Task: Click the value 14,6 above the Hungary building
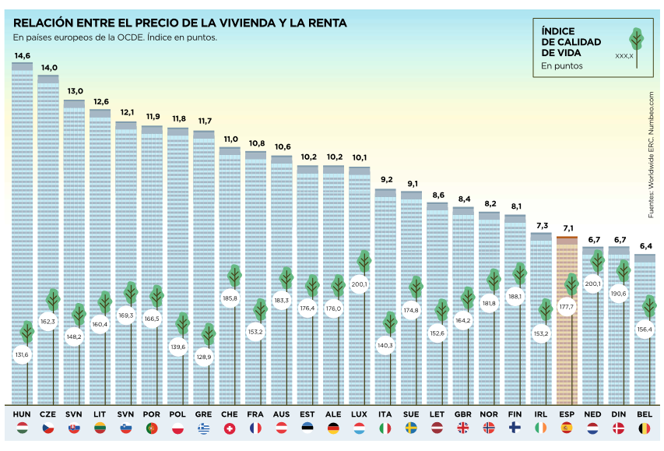22,55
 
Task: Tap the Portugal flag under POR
152,428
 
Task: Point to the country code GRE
203,413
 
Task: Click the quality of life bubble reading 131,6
22,355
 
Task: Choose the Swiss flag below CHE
230,428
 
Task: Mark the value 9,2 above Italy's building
385,180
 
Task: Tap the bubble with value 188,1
515,296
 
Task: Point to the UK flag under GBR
463,428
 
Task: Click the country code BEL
645,413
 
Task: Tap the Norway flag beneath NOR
489,428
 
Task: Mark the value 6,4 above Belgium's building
645,246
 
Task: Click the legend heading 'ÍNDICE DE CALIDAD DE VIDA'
571,41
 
